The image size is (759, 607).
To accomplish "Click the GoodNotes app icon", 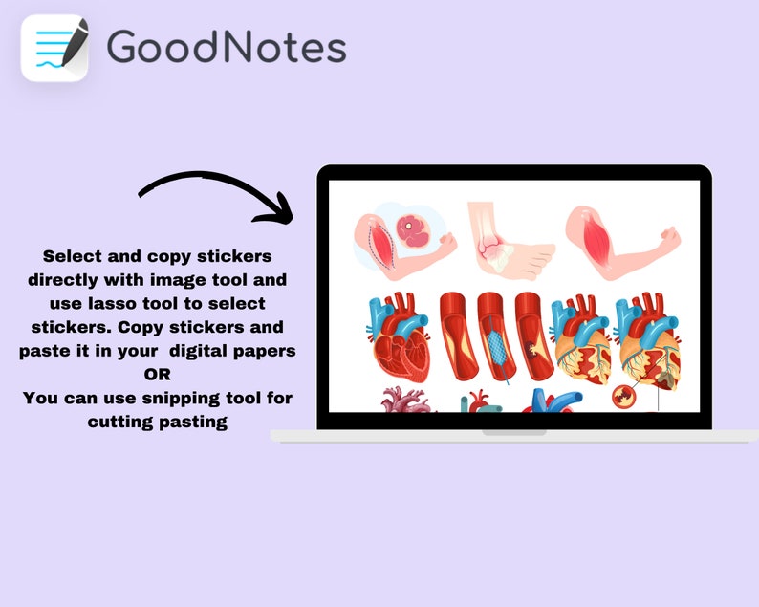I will click(x=54, y=47).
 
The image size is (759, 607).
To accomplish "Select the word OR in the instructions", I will click(x=157, y=374).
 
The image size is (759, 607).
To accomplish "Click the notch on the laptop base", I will click(x=513, y=433).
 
